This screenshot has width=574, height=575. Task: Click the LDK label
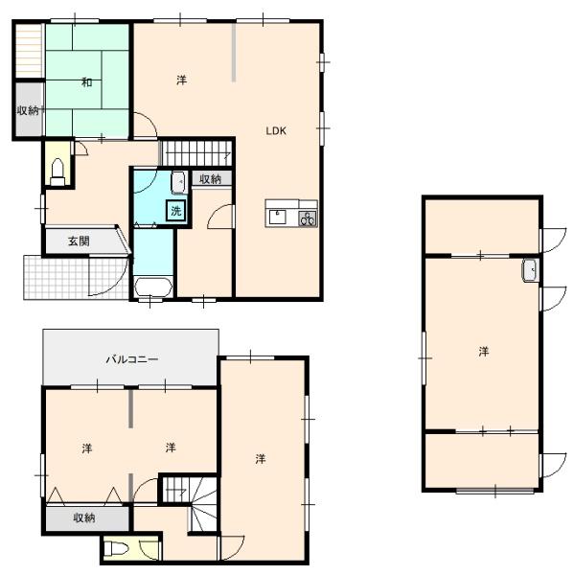pos(276,131)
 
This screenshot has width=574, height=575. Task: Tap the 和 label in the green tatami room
pos(86,82)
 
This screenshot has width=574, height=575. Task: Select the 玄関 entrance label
pos(79,241)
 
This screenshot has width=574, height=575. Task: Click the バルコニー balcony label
pos(132,359)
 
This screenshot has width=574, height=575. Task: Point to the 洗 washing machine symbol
pos(176,211)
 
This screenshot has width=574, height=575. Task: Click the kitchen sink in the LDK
pos(278,218)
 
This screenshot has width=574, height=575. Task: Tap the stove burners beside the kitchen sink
pos(308,218)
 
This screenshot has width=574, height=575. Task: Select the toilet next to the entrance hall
pos(57,172)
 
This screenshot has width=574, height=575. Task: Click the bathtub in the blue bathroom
pos(153,287)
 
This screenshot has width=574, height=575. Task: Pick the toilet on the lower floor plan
pos(116,549)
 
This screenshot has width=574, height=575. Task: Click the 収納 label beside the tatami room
pos(28,110)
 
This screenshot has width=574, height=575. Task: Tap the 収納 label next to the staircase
pos(210,179)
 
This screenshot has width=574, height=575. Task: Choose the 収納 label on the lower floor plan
pos(84,517)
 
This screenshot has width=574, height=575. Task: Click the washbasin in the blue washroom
pos(179,182)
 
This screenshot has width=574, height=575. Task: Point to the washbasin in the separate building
pos(530,270)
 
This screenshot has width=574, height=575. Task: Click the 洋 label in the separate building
pos(484,352)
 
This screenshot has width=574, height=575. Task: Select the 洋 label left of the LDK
pos(181,80)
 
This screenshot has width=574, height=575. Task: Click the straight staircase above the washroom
pos(197,152)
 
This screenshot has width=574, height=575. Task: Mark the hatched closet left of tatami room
pos(29,51)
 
